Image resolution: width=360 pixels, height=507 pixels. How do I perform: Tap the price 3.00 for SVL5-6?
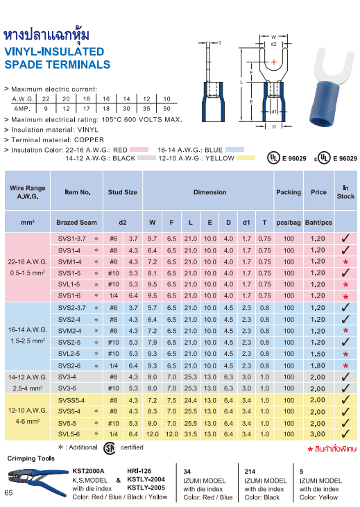click(318, 434)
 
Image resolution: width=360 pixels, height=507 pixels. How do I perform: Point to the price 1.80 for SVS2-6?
click(318, 366)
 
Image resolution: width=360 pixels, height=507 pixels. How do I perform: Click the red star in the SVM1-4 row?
click(345, 262)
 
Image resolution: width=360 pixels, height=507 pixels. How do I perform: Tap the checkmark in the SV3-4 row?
click(345, 377)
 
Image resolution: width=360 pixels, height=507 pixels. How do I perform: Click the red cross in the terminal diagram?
click(274, 64)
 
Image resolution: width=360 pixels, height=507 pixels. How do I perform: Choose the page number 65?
click(8, 492)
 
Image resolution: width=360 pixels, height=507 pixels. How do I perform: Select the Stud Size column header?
click(122, 192)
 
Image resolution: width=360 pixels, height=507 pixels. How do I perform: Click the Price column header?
click(318, 192)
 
